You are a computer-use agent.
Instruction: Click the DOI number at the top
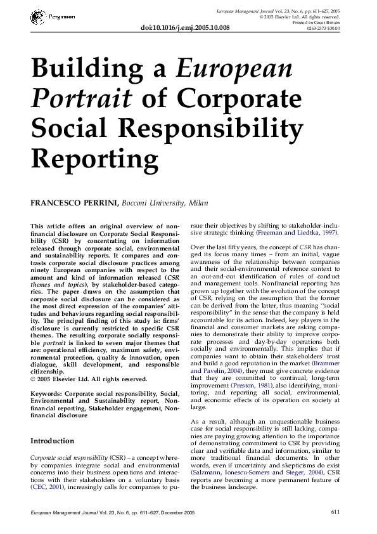tap(184, 28)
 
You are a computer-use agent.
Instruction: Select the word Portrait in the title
tap(81, 98)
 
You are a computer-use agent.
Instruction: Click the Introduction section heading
tap(52, 440)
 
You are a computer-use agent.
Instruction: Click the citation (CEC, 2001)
tap(47, 488)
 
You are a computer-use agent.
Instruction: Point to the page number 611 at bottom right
tap(336, 512)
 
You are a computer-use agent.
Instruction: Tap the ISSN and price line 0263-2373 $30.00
tap(323, 28)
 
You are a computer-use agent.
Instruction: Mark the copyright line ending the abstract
tap(89, 379)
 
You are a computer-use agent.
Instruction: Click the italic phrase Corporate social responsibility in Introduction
tap(69, 457)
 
